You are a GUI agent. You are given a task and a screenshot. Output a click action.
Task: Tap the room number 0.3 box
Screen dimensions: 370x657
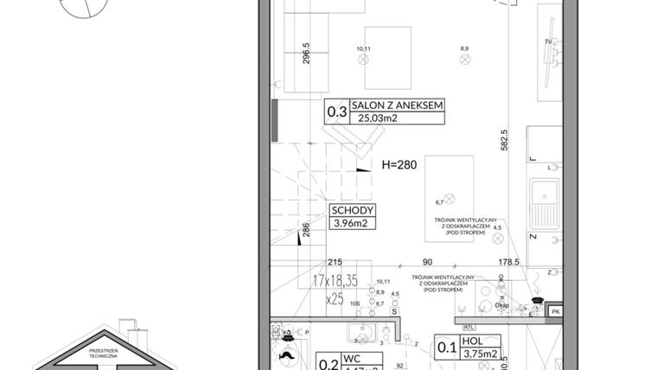coord(335,112)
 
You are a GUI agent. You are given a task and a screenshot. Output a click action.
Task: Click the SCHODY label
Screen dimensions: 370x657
coord(352,210)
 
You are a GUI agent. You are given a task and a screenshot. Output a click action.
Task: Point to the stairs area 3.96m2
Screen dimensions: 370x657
coord(352,225)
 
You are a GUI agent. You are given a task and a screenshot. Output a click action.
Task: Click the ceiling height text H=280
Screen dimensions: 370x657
coord(399,164)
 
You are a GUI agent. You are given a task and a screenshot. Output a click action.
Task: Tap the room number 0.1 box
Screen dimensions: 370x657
coord(445,347)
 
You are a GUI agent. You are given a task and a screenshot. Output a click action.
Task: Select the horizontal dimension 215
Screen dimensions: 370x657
coord(335,262)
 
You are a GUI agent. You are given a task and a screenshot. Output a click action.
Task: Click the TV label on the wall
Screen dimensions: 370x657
coord(548,41)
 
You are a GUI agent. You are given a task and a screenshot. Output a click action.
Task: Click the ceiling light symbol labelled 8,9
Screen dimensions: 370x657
coord(464,60)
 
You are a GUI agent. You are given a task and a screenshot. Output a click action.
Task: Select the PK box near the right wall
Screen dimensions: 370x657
coord(556,311)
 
